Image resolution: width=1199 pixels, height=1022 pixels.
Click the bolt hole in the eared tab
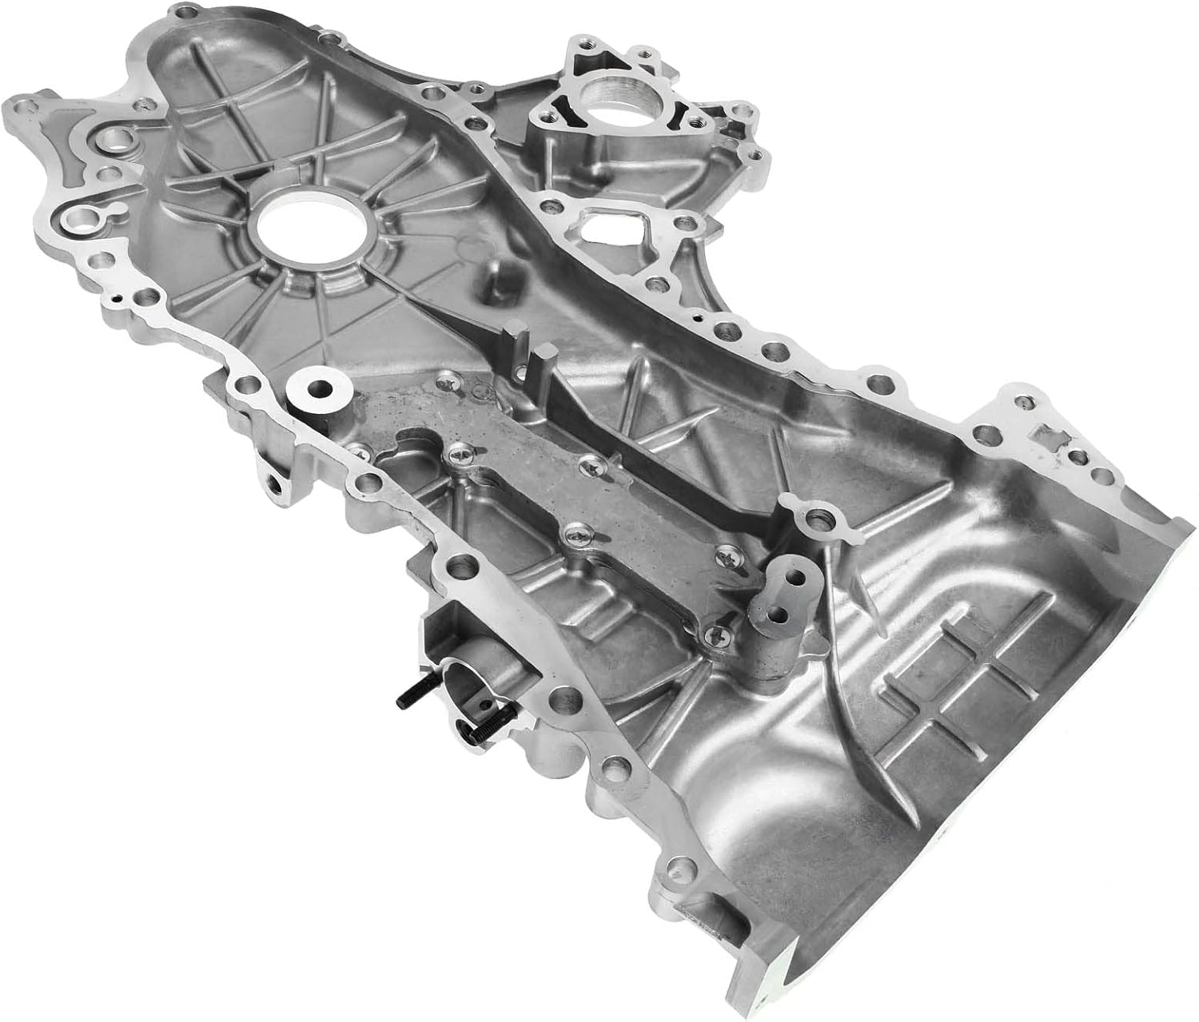(x=815, y=519)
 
